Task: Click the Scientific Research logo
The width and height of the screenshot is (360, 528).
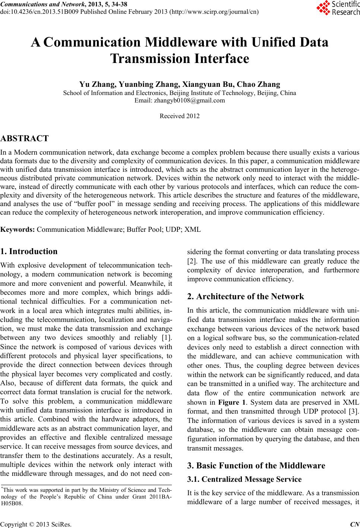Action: pyautogui.click(x=338, y=9)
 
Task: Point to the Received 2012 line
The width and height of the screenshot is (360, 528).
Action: pyautogui.click(x=180, y=116)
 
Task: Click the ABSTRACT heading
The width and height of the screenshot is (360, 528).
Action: pyautogui.click(x=25, y=139)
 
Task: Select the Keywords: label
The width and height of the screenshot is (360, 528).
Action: pyautogui.click(x=18, y=229)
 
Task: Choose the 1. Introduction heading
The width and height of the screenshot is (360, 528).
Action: pyautogui.click(x=29, y=251)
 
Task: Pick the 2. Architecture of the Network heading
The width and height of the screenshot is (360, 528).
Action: pyautogui.click(x=246, y=297)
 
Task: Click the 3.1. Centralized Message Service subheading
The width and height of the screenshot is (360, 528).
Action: pyautogui.click(x=244, y=479)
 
